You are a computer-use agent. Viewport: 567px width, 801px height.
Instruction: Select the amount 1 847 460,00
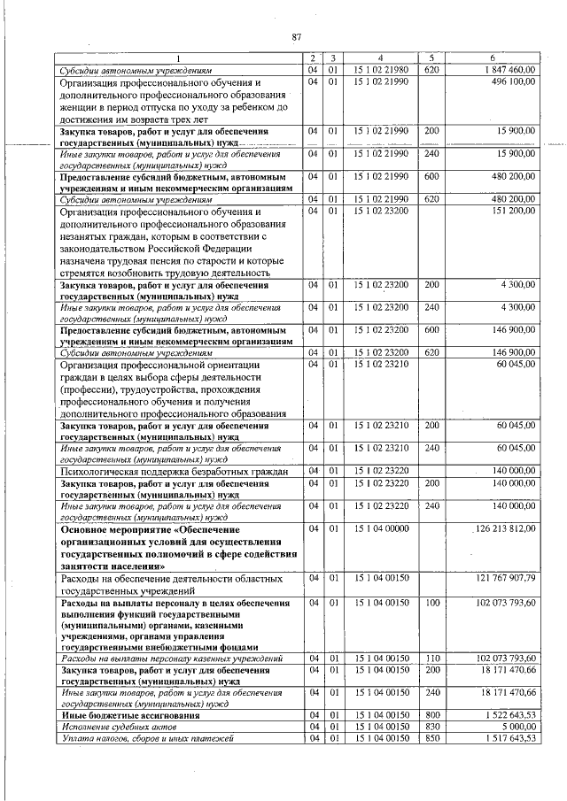(509, 69)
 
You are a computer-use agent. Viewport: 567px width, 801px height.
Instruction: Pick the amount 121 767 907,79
(505, 577)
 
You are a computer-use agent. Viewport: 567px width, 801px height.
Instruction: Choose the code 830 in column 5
(431, 725)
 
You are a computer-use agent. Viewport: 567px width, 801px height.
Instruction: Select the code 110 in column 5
(431, 659)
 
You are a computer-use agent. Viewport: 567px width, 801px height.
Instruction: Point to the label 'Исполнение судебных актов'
(113, 725)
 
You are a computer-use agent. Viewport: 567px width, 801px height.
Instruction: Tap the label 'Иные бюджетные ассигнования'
(118, 713)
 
